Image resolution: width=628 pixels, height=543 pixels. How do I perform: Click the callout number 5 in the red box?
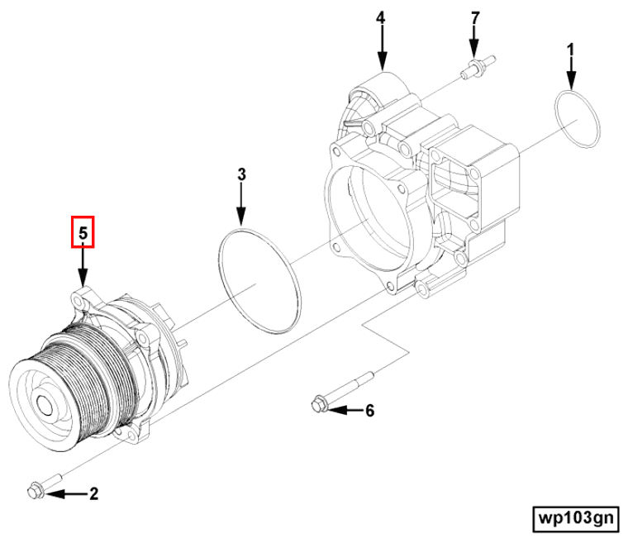(x=83, y=233)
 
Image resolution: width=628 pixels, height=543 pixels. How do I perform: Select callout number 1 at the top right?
(x=570, y=51)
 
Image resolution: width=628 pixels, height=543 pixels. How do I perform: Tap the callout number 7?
(x=474, y=18)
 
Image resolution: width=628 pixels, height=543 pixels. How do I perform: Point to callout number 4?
(x=381, y=18)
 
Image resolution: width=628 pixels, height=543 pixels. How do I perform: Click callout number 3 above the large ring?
(x=241, y=174)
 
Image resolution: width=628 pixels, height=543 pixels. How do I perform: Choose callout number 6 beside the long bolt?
(x=369, y=410)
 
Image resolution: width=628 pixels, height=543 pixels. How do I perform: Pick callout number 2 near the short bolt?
(x=93, y=494)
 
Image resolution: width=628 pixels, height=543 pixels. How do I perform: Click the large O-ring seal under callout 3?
(x=258, y=281)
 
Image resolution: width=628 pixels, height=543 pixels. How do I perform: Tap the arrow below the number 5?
(x=83, y=266)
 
